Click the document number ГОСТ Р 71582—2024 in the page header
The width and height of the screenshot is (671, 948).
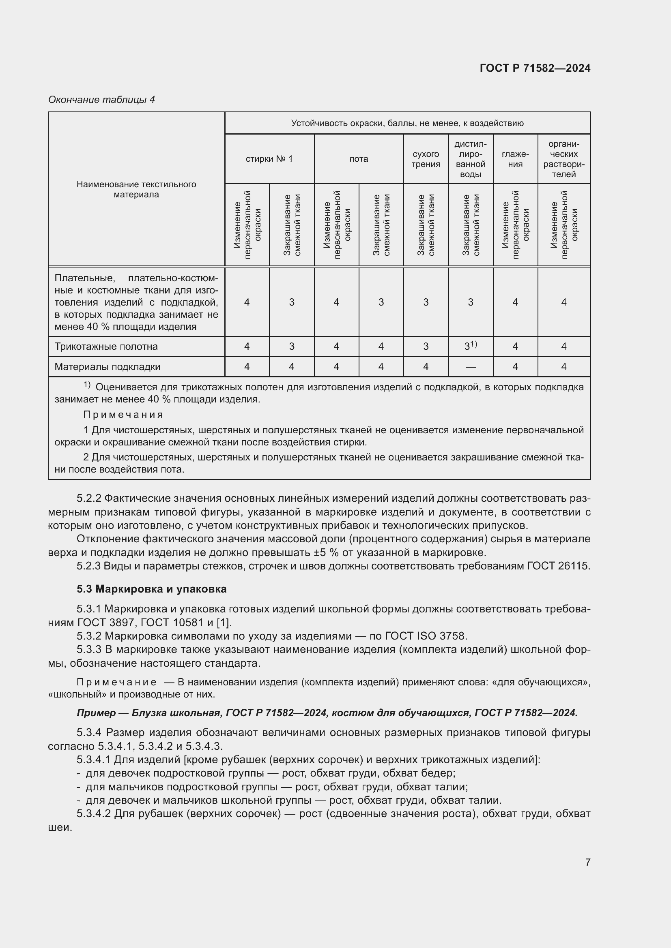tap(535, 68)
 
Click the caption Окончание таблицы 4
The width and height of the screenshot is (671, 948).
tap(101, 100)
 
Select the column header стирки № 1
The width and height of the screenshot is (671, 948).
tap(269, 159)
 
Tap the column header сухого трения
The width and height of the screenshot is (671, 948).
tap(426, 159)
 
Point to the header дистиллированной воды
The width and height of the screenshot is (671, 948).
tap(470, 159)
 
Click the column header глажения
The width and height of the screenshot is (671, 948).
tap(515, 159)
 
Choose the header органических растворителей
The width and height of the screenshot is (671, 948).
tap(563, 159)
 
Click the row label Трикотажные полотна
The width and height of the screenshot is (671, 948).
tap(106, 347)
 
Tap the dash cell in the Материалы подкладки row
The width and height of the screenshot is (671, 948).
tap(470, 367)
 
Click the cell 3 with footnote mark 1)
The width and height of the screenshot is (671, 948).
tap(470, 346)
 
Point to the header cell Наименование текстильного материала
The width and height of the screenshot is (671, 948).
tap(136, 190)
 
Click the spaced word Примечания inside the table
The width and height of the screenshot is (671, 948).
tap(123, 415)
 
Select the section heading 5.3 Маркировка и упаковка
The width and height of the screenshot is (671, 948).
tap(151, 589)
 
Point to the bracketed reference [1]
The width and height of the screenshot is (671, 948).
tap(224, 622)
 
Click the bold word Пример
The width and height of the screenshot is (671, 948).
tap(96, 713)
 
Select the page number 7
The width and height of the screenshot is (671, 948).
tap(587, 862)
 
